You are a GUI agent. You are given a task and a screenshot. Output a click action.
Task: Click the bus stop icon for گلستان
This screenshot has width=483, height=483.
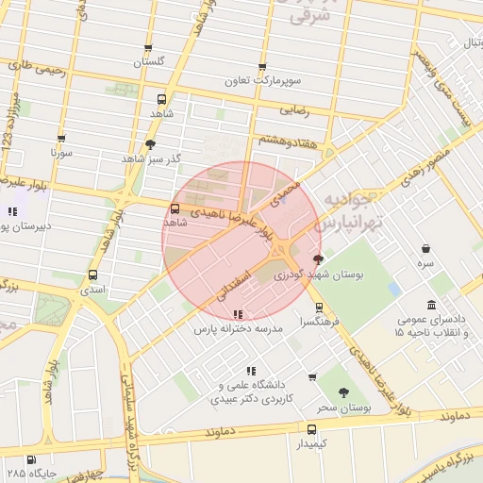coord(147,49)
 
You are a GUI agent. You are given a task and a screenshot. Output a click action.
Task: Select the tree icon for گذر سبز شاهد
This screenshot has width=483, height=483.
coord(151,144)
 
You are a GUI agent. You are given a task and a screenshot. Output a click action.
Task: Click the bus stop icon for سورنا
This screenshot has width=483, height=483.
coord(61,139)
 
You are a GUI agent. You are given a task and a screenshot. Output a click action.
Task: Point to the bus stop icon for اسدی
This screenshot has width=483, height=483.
coord(92,275)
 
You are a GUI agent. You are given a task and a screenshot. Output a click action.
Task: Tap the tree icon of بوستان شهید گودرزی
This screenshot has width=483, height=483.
coord(317,259)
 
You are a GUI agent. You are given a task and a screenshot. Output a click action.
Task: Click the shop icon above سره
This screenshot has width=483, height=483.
coord(426,249)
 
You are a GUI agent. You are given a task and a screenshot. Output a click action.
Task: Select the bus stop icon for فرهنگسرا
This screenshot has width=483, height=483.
coord(318,307)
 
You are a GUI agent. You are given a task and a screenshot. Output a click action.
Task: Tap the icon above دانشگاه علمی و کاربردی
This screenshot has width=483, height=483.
coord(250,371)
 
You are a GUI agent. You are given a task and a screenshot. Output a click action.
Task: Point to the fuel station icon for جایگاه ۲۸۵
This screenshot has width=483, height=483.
coord(32,459)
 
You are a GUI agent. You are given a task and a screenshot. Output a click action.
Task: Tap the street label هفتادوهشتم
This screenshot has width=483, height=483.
coord(285,140)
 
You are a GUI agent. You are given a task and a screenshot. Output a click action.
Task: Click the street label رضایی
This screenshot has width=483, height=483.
coord(294,110)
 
